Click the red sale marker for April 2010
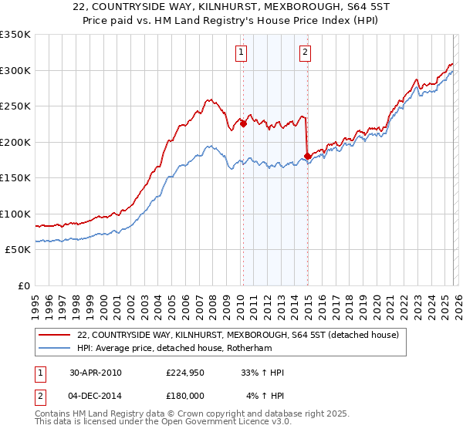tap(243, 123)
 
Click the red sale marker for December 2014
tap(307, 156)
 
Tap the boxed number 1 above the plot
tap(242, 52)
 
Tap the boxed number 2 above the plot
tap(306, 52)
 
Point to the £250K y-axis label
tap(15, 106)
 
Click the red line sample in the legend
tap(56, 335)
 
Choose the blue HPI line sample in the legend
tap(56, 349)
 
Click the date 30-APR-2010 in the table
tap(96, 373)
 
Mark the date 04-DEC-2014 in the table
tap(96, 396)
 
